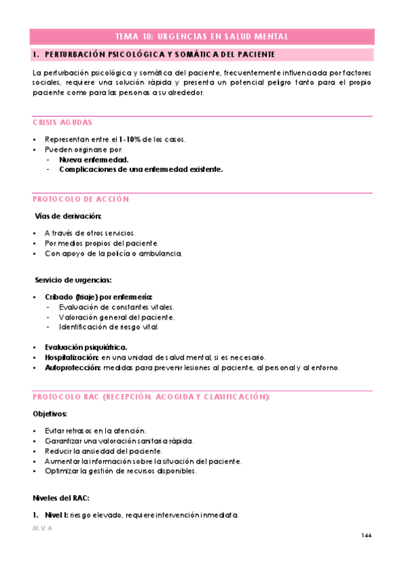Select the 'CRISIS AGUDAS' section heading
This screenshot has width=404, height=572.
[63, 123]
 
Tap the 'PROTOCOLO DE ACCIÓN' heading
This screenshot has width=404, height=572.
[81, 199]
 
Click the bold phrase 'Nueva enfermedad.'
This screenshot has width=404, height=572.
[94, 160]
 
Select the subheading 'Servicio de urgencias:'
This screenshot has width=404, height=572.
[74, 280]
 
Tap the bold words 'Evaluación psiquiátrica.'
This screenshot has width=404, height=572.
[86, 347]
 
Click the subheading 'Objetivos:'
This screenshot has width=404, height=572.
[50, 413]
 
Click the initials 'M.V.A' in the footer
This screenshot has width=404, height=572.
[42, 529]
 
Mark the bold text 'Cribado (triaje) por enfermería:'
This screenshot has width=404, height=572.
[98, 297]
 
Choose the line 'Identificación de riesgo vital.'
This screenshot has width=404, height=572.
[109, 327]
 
